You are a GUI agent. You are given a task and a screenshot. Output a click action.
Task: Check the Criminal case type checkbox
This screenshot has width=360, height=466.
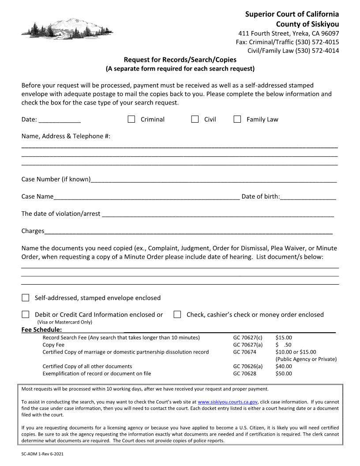click(131, 119)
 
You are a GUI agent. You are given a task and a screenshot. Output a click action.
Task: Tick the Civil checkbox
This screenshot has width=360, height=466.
click(195, 119)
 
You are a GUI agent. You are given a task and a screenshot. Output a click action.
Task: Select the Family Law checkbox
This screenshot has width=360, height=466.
click(237, 119)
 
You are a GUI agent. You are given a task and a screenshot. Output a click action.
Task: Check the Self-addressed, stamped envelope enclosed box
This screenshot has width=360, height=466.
click(26, 298)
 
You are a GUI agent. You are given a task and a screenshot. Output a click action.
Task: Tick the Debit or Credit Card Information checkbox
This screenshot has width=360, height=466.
click(26, 315)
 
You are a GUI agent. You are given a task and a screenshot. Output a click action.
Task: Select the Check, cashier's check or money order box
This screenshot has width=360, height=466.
click(177, 315)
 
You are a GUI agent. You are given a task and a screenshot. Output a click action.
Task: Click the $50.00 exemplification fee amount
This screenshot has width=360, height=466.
click(284, 373)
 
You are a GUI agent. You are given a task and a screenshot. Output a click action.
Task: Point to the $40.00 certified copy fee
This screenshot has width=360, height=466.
click(284, 366)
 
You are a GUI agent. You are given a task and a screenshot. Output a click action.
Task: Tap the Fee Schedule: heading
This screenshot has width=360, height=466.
click(41, 330)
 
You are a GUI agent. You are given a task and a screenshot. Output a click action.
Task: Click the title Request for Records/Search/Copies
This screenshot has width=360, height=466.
click(180, 60)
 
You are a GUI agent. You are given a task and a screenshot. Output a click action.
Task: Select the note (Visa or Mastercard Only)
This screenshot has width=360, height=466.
click(65, 322)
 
